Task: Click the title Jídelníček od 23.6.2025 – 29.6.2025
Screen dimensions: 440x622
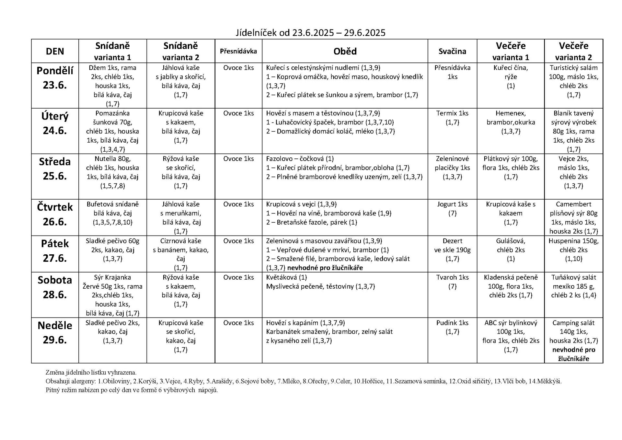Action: [310, 33]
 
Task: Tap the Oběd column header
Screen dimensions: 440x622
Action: [345, 51]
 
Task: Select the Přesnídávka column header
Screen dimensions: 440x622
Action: [238, 51]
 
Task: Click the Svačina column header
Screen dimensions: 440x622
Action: [452, 51]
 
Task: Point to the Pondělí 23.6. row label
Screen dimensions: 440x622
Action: [55, 78]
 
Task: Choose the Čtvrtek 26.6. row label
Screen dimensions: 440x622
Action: [55, 214]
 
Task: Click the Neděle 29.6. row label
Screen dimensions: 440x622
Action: [55, 332]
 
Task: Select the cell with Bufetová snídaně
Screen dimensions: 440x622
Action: [112, 213]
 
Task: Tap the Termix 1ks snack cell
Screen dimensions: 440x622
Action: [452, 118]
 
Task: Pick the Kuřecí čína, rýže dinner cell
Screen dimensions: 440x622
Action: [510, 77]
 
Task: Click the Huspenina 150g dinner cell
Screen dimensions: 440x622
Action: [573, 250]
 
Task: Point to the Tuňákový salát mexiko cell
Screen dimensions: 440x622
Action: [573, 286]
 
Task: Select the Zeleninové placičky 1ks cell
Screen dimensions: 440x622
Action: [452, 168]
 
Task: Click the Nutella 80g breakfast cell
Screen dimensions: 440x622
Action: [112, 172]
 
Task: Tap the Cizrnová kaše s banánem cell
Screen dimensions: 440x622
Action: [180, 254]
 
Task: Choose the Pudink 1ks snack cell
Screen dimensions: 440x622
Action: [452, 327]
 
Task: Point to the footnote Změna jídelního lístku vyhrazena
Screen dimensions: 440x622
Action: [91, 373]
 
